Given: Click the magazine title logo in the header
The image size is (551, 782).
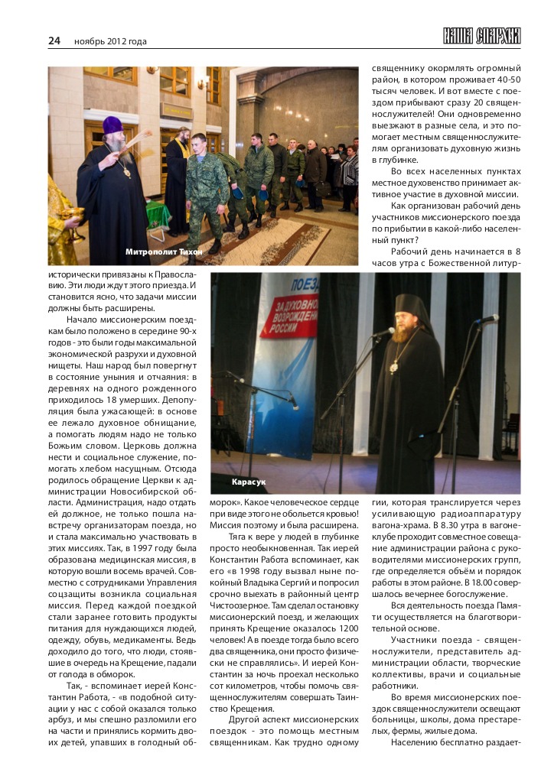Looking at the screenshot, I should tap(481, 36).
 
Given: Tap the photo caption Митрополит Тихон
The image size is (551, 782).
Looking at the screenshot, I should tap(158, 251).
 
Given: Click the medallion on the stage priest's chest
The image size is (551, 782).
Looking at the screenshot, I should tap(393, 368).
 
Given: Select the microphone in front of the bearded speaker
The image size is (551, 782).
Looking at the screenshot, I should tap(383, 333).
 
